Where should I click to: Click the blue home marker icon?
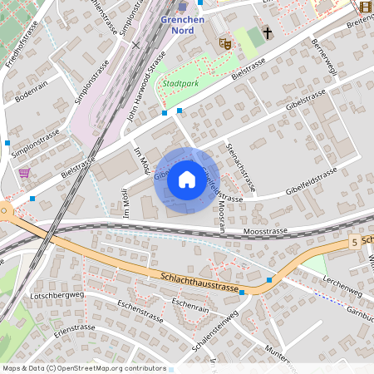pyautogui.click(x=187, y=180)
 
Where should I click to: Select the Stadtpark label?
pyautogui.click(x=181, y=84)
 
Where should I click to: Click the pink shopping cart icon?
pyautogui.click(x=25, y=173)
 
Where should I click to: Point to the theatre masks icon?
pyautogui.click(x=224, y=42)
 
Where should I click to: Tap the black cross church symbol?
pyautogui.click(x=267, y=33)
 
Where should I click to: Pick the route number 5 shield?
pyautogui.click(x=354, y=242)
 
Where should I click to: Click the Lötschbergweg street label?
pyautogui.click(x=57, y=295)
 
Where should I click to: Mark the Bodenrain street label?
pyautogui.click(x=31, y=90)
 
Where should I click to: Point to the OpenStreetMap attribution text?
pyautogui.click(x=84, y=367)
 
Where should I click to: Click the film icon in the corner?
pyautogui.click(x=366, y=7)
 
